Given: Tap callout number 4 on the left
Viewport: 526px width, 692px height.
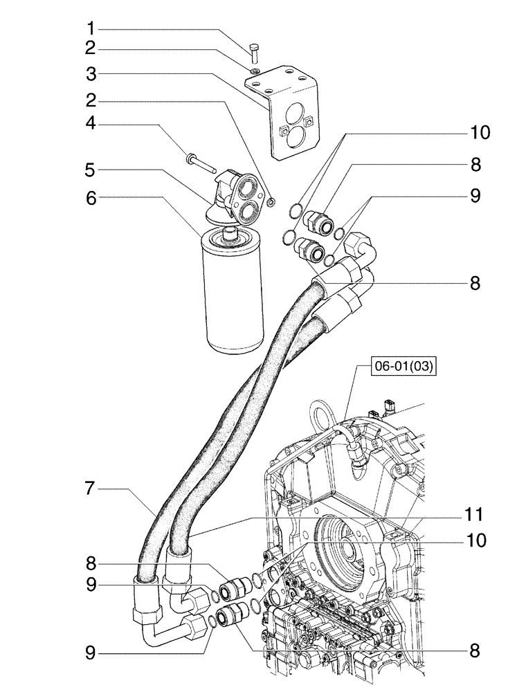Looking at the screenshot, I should pyautogui.click(x=91, y=125).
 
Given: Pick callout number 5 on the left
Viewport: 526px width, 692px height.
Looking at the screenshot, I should pyautogui.click(x=91, y=170).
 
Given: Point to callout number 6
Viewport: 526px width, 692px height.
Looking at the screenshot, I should pyautogui.click(x=91, y=197).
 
